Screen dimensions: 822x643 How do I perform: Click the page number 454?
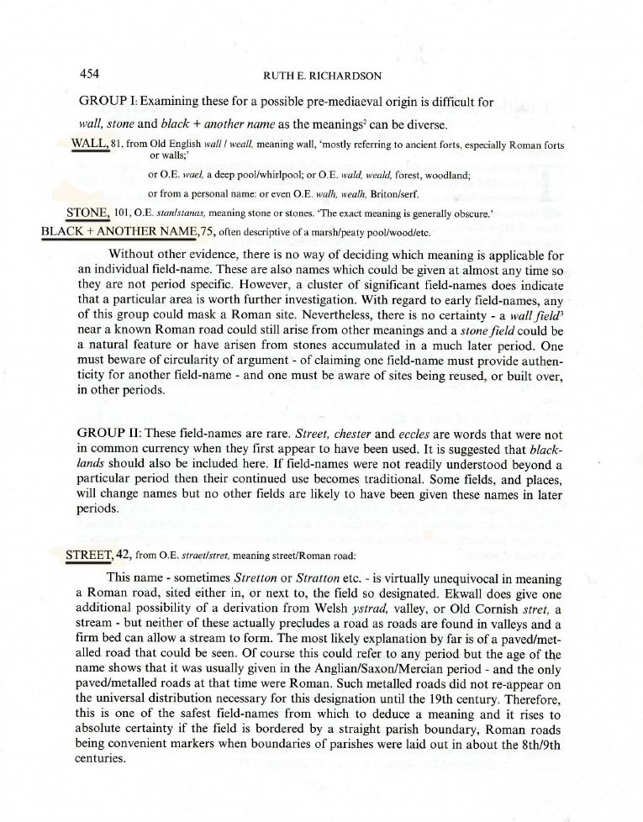pos(89,73)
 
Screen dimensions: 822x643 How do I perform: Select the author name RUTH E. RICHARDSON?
pos(323,76)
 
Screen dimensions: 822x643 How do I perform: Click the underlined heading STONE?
pos(87,211)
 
